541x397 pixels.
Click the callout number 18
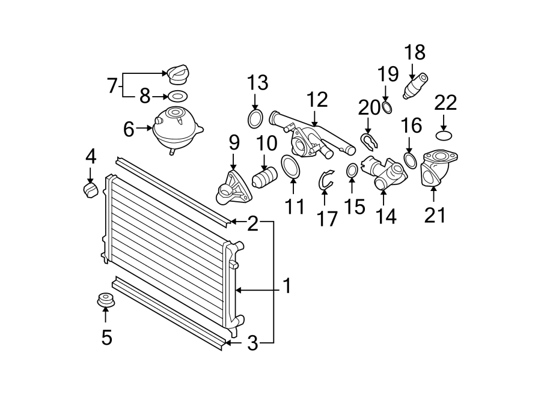pyautogui.click(x=415, y=53)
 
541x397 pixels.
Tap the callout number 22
pyautogui.click(x=446, y=103)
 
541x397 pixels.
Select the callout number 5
pyautogui.click(x=106, y=338)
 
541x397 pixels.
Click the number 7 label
pyautogui.click(x=112, y=85)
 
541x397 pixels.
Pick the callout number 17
pyautogui.click(x=328, y=219)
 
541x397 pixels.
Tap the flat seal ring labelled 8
pyautogui.click(x=177, y=95)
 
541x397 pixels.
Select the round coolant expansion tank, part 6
pyautogui.click(x=176, y=128)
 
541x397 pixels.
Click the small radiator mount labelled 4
pyautogui.click(x=90, y=190)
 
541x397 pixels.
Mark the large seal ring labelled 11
pyautogui.click(x=290, y=166)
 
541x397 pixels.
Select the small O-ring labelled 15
pyautogui.click(x=352, y=171)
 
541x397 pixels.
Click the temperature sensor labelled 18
pyautogui.click(x=416, y=85)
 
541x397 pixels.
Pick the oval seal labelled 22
pyautogui.click(x=444, y=135)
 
